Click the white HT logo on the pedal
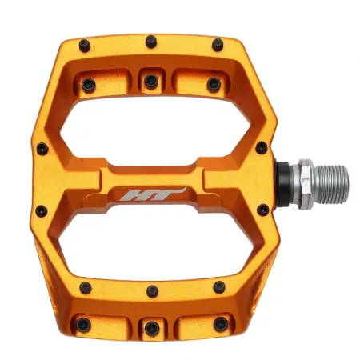coord(151,194)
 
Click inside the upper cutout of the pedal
coord(151,129)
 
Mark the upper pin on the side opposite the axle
coord(40,147)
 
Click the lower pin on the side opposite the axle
coord(40,210)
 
